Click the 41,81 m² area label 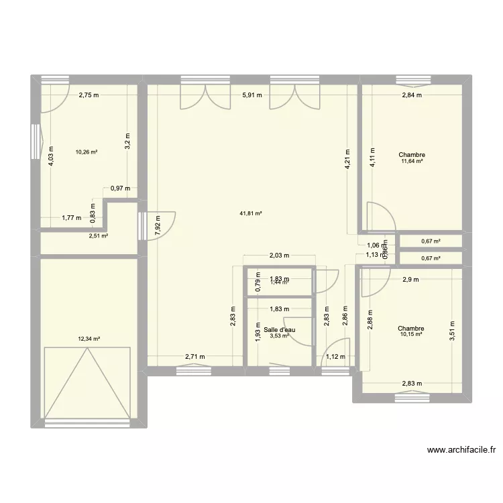[250, 214]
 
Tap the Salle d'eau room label [279, 329]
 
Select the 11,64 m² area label [412, 162]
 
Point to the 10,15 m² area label [410, 335]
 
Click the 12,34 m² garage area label [89, 339]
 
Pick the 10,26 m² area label [87, 152]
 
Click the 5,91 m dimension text [251, 95]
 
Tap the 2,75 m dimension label [89, 95]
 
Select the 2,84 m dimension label [411, 95]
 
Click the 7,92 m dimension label [158, 222]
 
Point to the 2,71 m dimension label [196, 357]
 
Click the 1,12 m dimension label [335, 357]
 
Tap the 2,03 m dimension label [278, 255]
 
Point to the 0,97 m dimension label [121, 188]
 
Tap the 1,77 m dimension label [71, 217]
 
